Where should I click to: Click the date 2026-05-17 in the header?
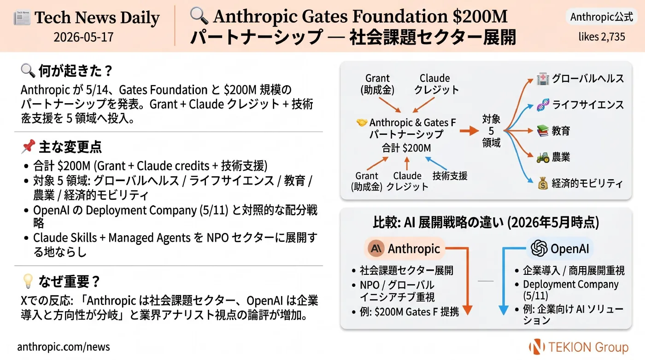click(x=83, y=37)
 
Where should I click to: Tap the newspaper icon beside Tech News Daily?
click(x=22, y=18)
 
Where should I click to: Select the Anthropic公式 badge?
click(x=602, y=17)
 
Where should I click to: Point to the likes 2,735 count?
click(x=602, y=37)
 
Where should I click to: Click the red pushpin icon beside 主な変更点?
click(x=28, y=146)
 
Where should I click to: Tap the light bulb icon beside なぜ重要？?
click(x=28, y=281)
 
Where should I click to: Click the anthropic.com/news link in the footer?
click(x=64, y=347)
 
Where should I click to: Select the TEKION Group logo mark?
click(x=537, y=347)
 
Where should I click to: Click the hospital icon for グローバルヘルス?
click(x=543, y=79)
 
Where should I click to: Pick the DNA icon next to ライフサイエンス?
click(x=543, y=105)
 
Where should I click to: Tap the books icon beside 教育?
click(x=543, y=131)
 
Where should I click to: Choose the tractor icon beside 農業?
click(x=543, y=157)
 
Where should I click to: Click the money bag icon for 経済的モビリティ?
click(x=543, y=183)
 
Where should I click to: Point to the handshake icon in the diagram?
click(x=362, y=122)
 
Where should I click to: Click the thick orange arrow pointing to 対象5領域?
click(x=469, y=131)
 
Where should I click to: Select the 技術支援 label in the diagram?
click(x=450, y=176)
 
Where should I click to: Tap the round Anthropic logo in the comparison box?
click(x=376, y=248)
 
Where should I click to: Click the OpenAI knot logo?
click(x=539, y=248)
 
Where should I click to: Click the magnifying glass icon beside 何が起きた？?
click(x=28, y=70)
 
